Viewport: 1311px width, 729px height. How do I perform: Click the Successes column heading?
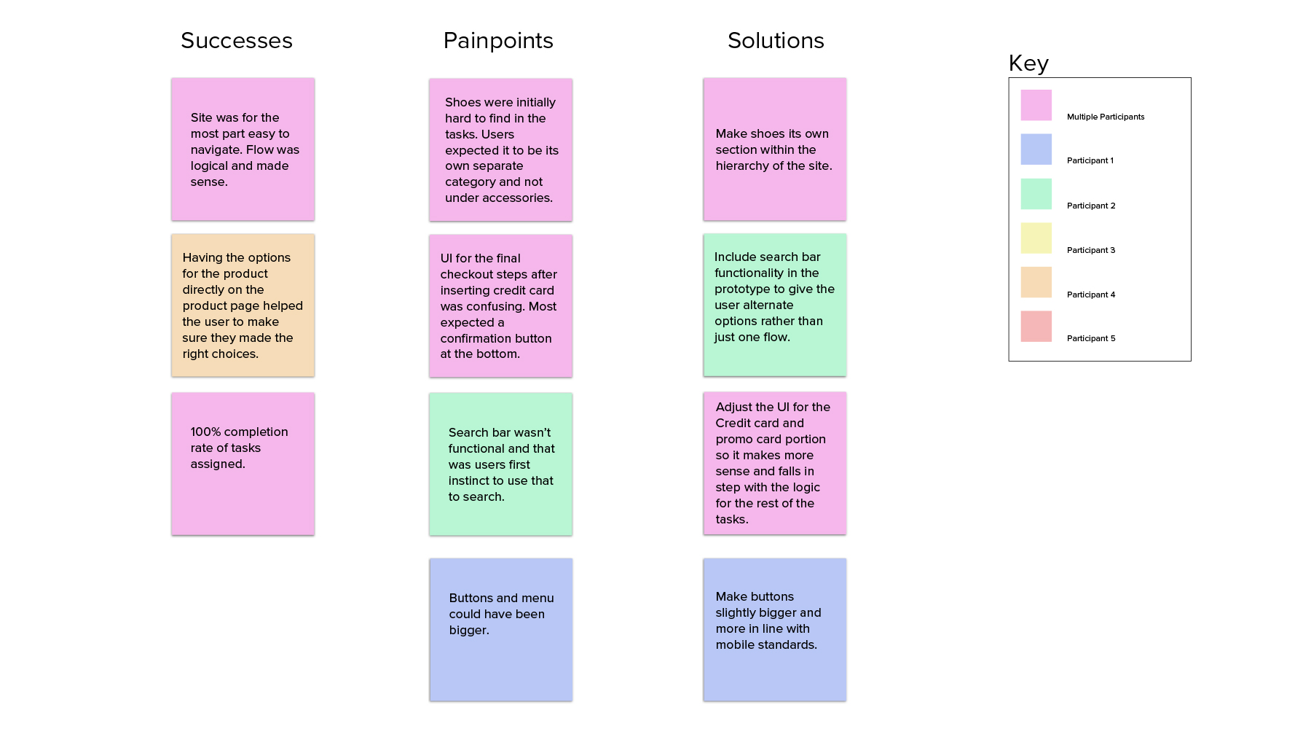pyautogui.click(x=237, y=41)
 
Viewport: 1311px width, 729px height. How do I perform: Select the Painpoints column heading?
pyautogui.click(x=498, y=41)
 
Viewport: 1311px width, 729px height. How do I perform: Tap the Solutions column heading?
pyautogui.click(x=776, y=41)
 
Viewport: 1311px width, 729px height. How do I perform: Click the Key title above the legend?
pyautogui.click(x=1028, y=63)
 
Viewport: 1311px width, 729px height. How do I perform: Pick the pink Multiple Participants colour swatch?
pyautogui.click(x=1036, y=105)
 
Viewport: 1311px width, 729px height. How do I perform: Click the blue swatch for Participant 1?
pyautogui.click(x=1036, y=149)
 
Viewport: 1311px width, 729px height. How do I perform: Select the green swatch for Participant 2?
pyautogui.click(x=1036, y=194)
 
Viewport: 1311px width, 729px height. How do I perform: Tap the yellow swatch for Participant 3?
pyautogui.click(x=1036, y=238)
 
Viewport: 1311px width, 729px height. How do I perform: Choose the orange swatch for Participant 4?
pyautogui.click(x=1036, y=283)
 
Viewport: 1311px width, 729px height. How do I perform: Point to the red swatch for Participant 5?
pyautogui.click(x=1036, y=327)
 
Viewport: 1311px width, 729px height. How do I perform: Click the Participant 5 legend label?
pyautogui.click(x=1091, y=338)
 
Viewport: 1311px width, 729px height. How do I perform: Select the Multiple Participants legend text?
pyautogui.click(x=1105, y=117)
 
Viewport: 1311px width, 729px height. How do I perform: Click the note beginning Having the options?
pyautogui.click(x=243, y=305)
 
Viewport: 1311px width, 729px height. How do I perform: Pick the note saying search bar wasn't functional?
pyautogui.click(x=500, y=464)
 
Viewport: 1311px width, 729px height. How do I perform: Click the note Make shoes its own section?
pyautogui.click(x=774, y=149)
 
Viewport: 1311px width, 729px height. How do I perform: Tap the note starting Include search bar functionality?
pyautogui.click(x=774, y=305)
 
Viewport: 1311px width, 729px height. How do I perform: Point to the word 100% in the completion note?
pyautogui.click(x=205, y=432)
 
